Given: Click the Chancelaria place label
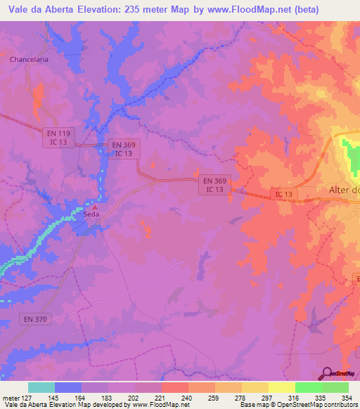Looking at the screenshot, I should (29, 60).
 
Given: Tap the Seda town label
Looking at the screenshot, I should (92, 214).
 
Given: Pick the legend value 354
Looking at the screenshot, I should (347, 398).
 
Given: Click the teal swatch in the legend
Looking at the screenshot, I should (41, 387).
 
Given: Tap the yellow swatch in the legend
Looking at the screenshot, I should (281, 387).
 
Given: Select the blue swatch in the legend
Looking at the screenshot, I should (68, 387).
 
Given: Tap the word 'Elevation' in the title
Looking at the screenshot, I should (96, 10).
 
